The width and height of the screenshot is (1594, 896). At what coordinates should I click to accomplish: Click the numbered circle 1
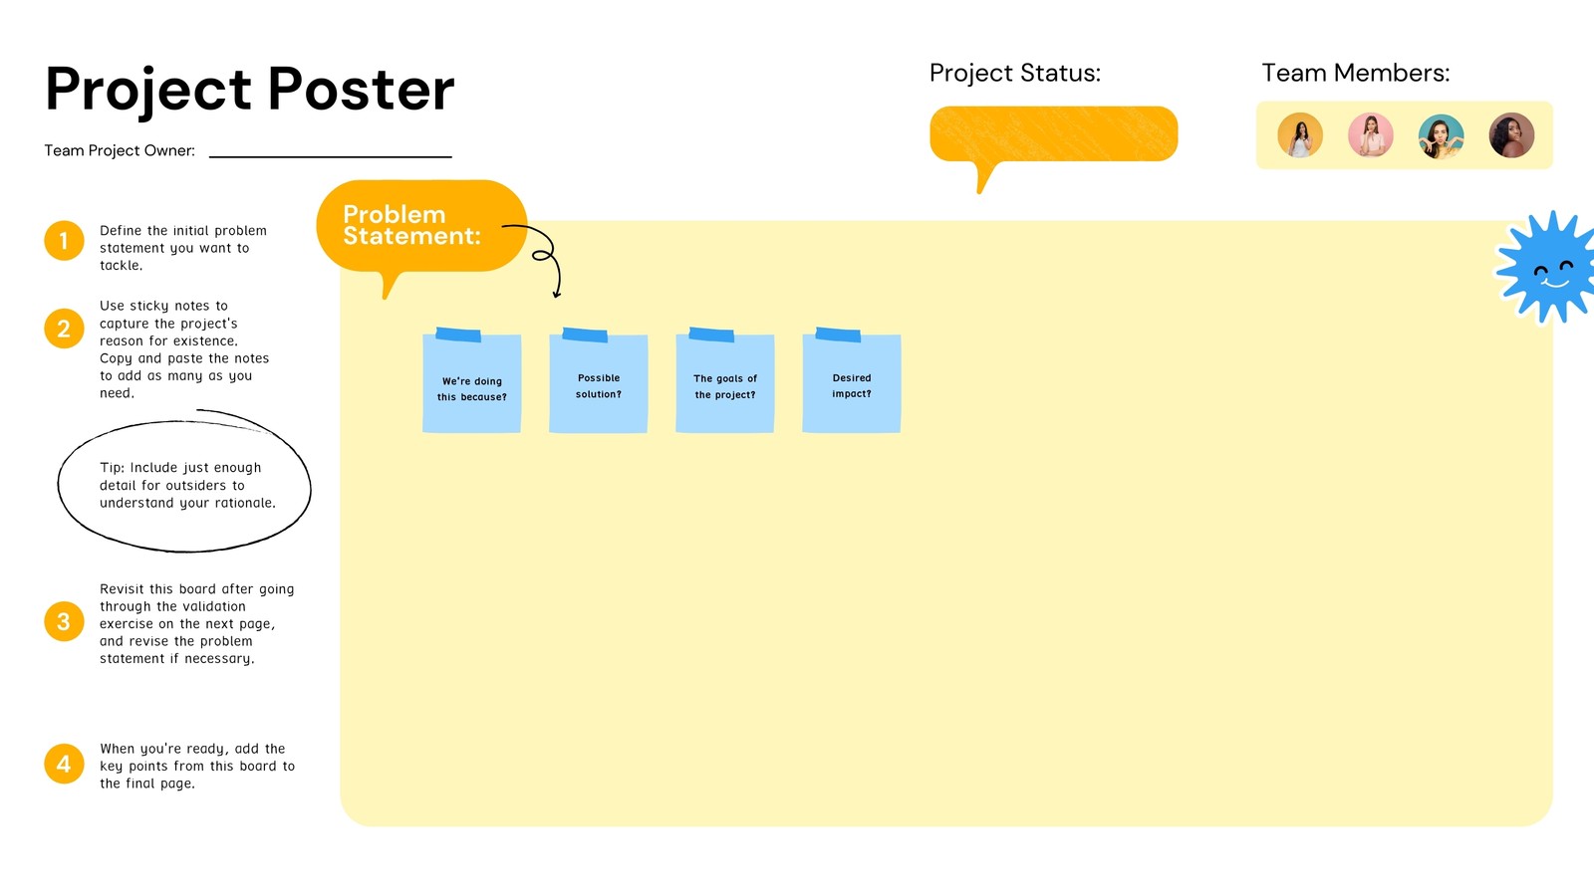[64, 241]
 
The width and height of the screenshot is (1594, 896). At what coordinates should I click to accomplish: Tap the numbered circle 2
[64, 329]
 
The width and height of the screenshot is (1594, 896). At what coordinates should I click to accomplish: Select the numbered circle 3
[64, 621]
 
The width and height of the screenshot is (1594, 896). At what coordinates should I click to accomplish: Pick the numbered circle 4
[64, 764]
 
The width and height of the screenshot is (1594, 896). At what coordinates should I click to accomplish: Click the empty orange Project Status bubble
[1053, 133]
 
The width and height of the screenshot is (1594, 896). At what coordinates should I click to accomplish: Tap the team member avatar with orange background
[1300, 135]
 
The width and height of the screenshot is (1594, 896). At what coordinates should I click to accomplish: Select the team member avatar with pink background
[1371, 135]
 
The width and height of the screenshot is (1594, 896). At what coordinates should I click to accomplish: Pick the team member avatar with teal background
[1441, 135]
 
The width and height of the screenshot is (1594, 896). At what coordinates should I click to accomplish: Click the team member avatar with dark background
[1511, 135]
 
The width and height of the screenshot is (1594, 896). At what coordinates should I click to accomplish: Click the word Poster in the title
[361, 90]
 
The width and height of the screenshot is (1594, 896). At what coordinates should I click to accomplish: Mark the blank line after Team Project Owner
[331, 154]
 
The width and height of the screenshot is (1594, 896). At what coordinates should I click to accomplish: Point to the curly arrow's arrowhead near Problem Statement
[557, 294]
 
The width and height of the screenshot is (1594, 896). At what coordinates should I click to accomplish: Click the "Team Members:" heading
[1355, 73]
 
